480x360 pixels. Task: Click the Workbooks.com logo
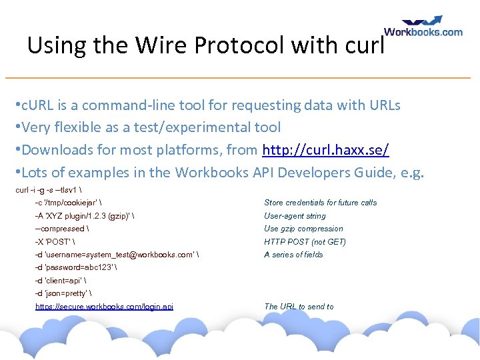(423, 27)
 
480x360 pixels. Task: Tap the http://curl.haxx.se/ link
(326, 150)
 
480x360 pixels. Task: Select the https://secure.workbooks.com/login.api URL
(104, 307)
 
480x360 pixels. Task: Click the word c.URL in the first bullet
(40, 105)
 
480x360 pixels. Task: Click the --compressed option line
(62, 229)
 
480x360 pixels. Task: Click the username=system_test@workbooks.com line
(117, 255)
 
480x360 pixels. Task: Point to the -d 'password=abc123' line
(76, 268)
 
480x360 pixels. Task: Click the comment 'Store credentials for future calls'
(320, 203)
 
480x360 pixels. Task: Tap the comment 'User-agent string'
(295, 216)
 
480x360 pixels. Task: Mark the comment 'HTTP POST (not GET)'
(305, 242)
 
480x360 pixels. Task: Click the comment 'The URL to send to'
(299, 307)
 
